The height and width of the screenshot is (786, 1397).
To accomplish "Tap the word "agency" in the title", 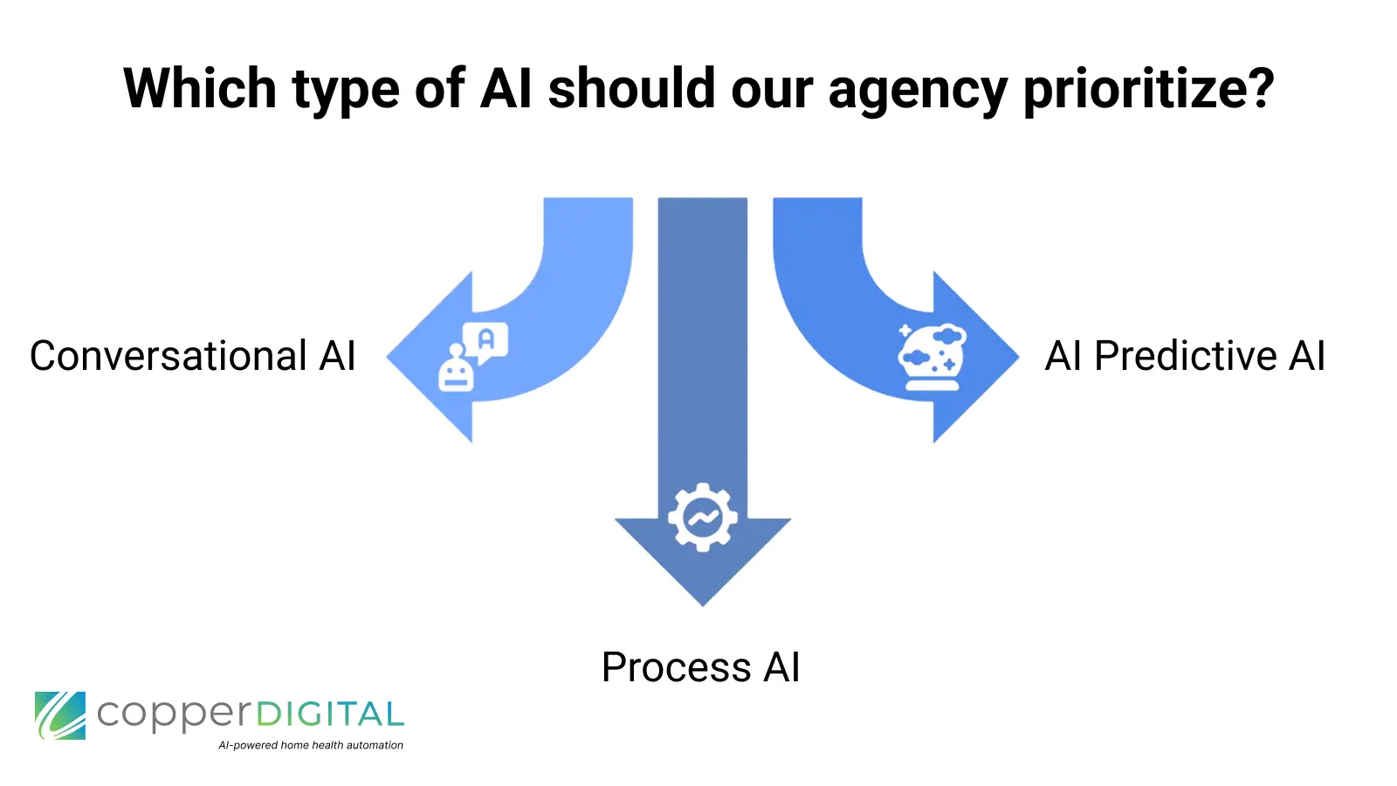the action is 917,91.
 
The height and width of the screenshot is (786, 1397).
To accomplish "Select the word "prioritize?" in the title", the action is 1148,91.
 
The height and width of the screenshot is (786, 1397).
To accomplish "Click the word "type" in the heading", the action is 345,91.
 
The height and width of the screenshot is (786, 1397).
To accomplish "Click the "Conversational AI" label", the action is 193,356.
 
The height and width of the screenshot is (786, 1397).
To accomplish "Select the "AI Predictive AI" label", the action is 1185,356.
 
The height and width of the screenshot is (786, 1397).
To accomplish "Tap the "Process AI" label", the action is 700,667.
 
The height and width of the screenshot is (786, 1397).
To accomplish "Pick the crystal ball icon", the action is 932,357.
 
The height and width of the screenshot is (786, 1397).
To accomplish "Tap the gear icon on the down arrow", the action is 703,517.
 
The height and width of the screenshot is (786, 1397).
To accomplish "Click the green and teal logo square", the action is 60,715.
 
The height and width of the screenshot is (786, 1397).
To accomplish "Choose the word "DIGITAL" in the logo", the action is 329,715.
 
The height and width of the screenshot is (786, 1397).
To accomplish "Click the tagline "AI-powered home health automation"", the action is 311,745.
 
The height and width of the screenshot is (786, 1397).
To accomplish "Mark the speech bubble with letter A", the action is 485,341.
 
